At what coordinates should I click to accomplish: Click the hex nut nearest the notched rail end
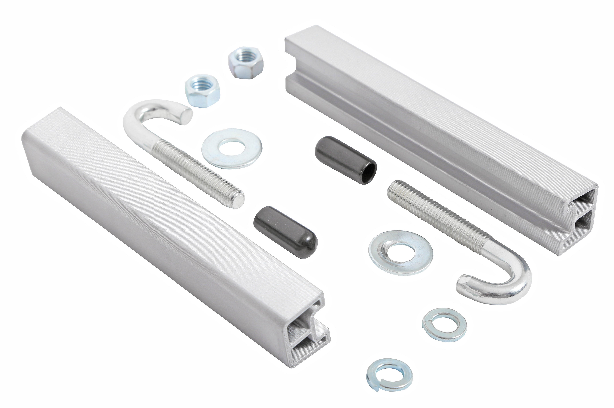tap(245, 63)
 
